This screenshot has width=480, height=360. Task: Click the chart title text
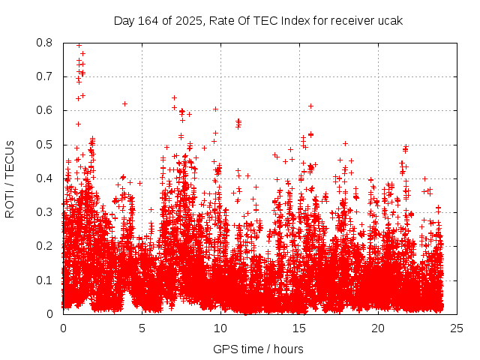(x=258, y=21)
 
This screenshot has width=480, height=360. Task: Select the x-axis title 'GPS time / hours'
(x=258, y=349)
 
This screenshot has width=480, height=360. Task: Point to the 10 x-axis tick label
(x=220, y=328)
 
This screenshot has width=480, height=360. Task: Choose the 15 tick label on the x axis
(x=299, y=328)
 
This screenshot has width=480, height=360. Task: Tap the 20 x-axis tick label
(x=378, y=328)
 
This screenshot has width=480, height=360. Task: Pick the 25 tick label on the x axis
(x=457, y=328)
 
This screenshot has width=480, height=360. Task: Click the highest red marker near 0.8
(x=79, y=45)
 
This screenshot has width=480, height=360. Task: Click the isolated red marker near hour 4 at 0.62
(x=124, y=103)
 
